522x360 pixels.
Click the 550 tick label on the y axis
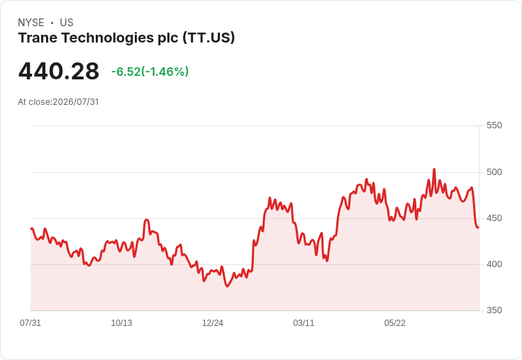[x=494, y=125]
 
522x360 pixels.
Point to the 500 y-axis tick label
[x=494, y=172]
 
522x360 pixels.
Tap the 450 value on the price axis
[x=494, y=218]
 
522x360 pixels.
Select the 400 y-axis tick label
[x=494, y=264]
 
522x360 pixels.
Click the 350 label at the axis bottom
[x=494, y=310]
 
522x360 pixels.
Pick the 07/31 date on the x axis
[x=30, y=323]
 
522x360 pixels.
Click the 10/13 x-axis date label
[x=121, y=323]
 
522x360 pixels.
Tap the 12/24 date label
[x=213, y=323]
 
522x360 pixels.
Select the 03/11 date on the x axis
[x=304, y=323]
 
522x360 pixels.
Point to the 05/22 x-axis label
[x=395, y=323]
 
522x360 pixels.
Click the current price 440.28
[x=59, y=72]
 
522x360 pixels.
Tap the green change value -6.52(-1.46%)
[x=150, y=72]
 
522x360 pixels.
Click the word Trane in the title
[x=38, y=38]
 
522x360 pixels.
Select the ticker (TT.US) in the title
[x=209, y=38]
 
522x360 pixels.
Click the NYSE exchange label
[x=31, y=23]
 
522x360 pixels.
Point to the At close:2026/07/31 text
[x=58, y=102]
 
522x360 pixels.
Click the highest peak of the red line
[x=434, y=169]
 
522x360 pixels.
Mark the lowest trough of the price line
[x=228, y=286]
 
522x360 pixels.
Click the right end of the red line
[x=478, y=227]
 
